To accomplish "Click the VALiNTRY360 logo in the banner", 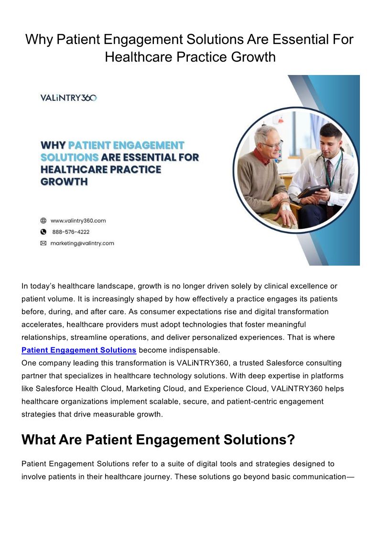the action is tap(68, 98).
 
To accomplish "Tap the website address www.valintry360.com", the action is tap(78, 221).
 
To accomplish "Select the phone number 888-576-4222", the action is tap(71, 232).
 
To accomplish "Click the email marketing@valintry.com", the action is tap(82, 243).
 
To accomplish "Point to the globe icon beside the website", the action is tap(43, 221).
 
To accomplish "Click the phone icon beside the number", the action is tap(43, 232).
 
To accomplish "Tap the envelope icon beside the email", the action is tap(43, 243).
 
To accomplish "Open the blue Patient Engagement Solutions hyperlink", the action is tap(79, 350).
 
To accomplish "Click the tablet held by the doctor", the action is tap(312, 191).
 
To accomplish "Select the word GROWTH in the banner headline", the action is tap(64, 182).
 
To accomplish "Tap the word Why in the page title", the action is tap(39, 40).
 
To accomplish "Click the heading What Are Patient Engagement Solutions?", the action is tap(158, 440).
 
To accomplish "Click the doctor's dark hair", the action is tap(331, 130).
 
